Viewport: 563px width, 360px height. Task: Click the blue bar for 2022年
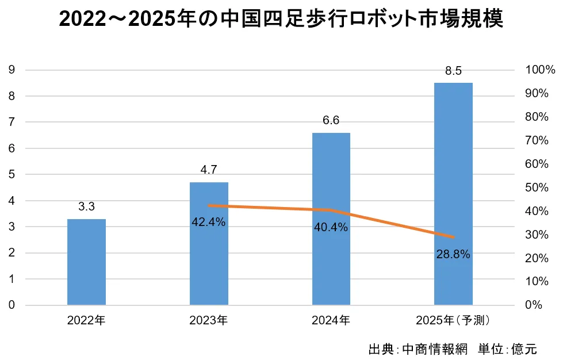click(x=86, y=262)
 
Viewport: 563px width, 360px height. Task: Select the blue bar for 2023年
click(x=209, y=243)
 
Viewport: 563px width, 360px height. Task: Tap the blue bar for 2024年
click(x=331, y=219)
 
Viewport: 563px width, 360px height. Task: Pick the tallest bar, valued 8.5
click(x=453, y=194)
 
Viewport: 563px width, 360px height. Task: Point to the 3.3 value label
click(x=86, y=206)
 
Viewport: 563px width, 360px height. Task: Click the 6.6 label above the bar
click(x=331, y=120)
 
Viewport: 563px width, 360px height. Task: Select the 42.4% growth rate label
click(x=208, y=222)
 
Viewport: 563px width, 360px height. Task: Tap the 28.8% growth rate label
click(x=453, y=253)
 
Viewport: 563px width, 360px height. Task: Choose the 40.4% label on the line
click(x=331, y=227)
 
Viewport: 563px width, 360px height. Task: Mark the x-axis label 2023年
click(x=208, y=320)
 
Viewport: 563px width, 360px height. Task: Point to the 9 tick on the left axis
click(x=12, y=70)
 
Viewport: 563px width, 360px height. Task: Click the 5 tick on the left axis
click(x=12, y=174)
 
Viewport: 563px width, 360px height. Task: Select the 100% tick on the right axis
click(x=540, y=70)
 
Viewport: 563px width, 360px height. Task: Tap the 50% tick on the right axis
click(x=538, y=187)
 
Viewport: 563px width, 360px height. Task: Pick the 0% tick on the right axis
click(x=534, y=305)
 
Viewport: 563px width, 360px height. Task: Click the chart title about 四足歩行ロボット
click(x=281, y=20)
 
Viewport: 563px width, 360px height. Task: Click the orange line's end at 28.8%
click(x=453, y=237)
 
